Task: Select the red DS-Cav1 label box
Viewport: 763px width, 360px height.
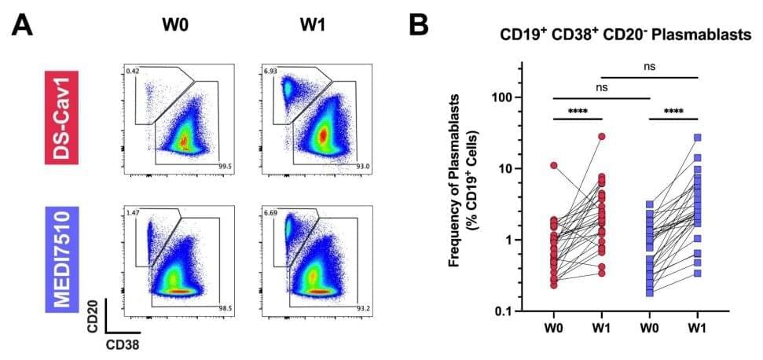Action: [62, 116]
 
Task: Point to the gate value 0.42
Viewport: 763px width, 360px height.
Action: [134, 72]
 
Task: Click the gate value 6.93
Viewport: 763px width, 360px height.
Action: [273, 72]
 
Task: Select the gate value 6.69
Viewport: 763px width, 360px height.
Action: [273, 213]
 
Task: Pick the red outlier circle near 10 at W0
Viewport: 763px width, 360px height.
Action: [554, 166]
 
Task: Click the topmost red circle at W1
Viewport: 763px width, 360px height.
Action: [602, 137]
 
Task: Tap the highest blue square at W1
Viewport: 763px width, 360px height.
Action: [697, 138]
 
